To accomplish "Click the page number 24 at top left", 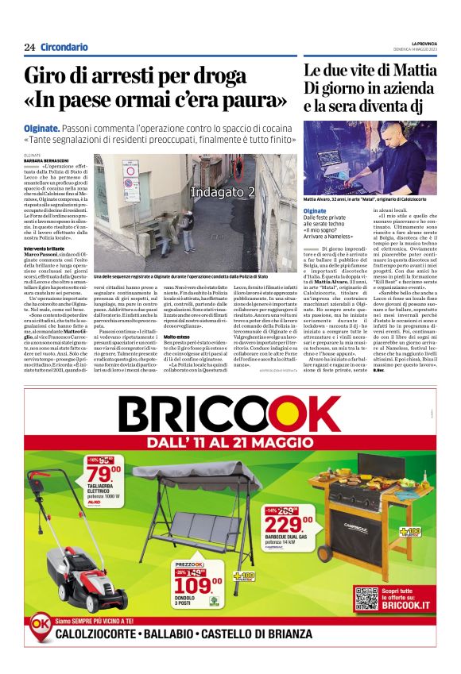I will coord(29,48).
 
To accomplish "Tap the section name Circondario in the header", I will coord(64,48).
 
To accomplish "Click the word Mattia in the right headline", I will coord(412,71).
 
